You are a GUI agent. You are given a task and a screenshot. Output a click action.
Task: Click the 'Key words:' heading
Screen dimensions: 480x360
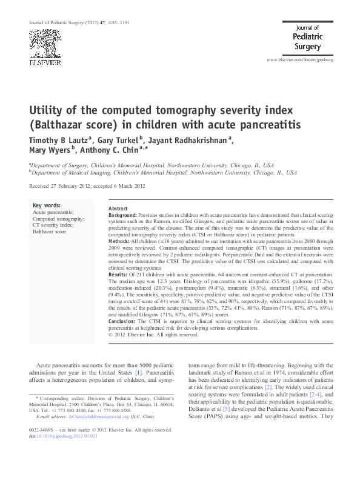(x=45, y=205)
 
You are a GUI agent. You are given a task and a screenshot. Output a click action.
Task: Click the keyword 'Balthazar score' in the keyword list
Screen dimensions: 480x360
(x=50, y=232)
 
